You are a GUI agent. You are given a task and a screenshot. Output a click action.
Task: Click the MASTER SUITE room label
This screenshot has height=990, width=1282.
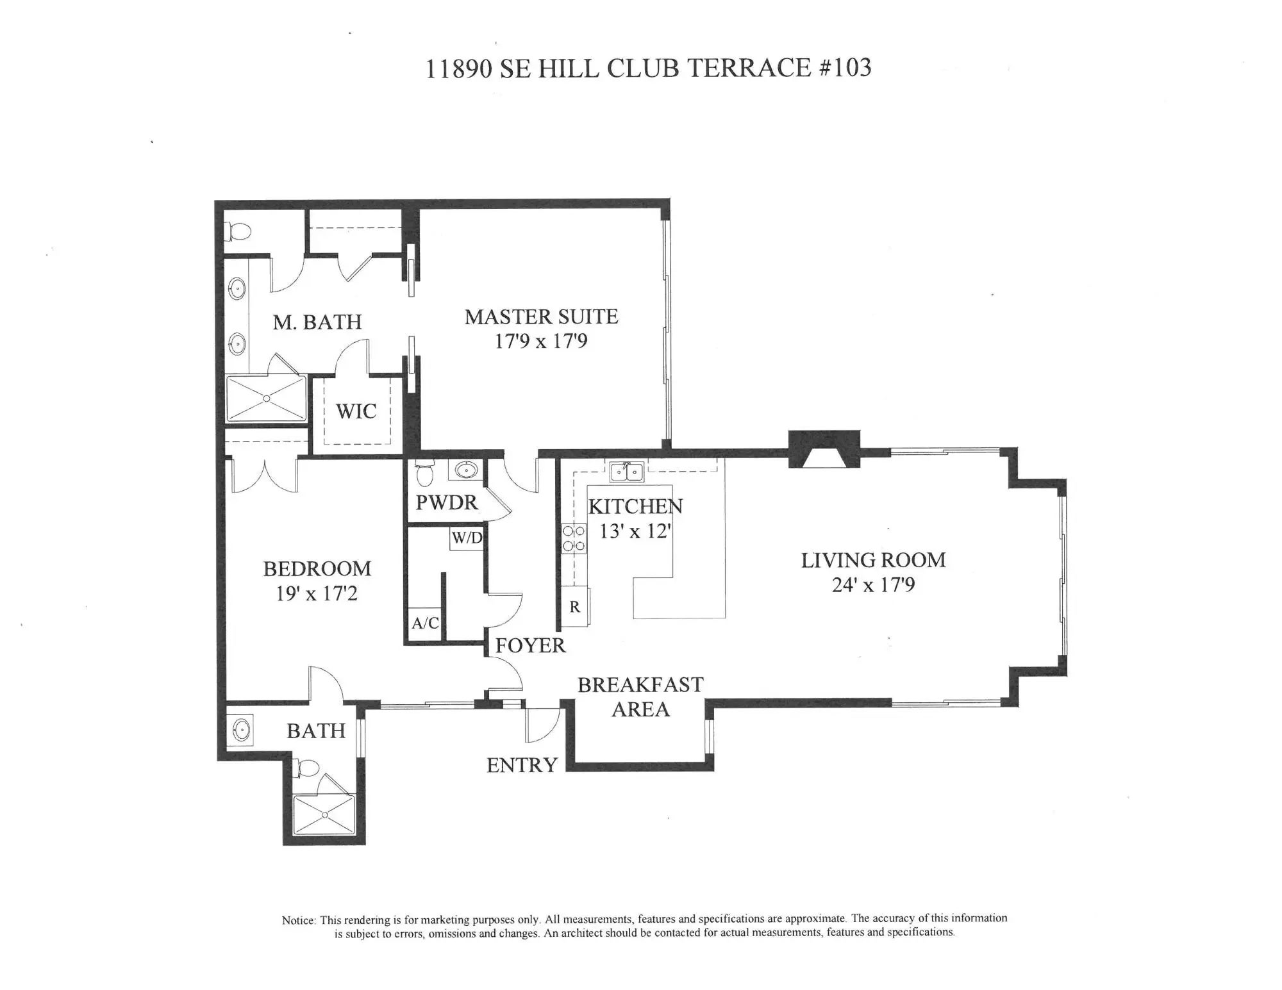coord(542,317)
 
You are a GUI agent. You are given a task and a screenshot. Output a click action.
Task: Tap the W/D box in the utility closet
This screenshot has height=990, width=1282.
coord(467,538)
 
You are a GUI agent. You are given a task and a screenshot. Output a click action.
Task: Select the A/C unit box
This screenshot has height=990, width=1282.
coord(425,623)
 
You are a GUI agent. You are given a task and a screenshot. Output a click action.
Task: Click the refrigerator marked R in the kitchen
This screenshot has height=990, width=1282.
coord(575,606)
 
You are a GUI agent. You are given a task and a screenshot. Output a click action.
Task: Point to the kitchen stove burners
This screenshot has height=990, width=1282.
coord(574,538)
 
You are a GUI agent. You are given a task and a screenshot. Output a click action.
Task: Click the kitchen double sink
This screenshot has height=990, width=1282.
coord(626,472)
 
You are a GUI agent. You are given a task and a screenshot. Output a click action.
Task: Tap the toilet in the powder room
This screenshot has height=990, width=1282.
coord(424,472)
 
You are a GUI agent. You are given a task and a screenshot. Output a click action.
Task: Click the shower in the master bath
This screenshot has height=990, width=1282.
coord(267,399)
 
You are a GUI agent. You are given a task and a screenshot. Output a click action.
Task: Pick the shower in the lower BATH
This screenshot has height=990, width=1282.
coord(324,814)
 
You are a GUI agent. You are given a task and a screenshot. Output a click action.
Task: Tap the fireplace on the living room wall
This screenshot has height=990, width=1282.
coord(824,450)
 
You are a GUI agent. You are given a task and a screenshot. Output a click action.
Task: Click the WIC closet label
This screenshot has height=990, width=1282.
coord(356,411)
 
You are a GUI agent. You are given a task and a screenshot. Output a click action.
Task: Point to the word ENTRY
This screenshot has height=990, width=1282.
coord(522,765)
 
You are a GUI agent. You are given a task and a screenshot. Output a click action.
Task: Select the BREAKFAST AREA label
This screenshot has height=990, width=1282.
coord(640,697)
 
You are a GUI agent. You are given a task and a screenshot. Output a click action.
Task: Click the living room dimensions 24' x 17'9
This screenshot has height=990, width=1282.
coord(873,585)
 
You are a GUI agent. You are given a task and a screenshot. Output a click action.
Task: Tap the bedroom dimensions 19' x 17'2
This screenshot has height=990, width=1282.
coord(317,593)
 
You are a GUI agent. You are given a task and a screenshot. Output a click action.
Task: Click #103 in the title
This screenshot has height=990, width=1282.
coord(845,67)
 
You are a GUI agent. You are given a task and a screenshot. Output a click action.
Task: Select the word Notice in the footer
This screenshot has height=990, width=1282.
coord(298,920)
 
